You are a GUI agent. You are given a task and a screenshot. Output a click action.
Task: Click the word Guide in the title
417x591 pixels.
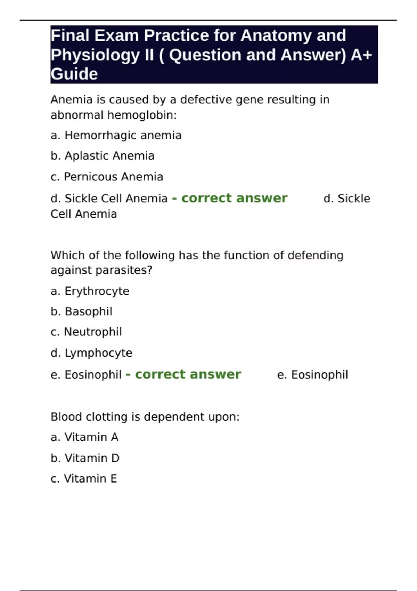click(74, 74)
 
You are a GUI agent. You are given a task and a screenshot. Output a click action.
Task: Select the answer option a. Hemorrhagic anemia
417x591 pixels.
click(116, 135)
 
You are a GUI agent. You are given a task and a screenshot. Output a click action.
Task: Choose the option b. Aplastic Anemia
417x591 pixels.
click(103, 156)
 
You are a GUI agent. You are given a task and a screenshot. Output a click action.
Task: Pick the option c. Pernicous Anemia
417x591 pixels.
click(107, 177)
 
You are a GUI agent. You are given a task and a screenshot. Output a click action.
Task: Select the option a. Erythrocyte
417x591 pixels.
click(90, 291)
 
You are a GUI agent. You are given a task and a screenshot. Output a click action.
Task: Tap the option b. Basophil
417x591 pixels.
click(81, 311)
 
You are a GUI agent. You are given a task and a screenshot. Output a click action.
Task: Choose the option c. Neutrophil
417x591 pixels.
click(86, 332)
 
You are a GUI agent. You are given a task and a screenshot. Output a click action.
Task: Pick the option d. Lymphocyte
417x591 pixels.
click(91, 353)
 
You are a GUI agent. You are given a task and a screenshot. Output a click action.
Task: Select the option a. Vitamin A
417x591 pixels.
click(84, 437)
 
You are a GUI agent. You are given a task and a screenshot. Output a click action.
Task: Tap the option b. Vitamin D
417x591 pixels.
click(85, 458)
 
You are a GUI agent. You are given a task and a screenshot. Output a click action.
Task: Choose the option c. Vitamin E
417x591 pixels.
click(84, 478)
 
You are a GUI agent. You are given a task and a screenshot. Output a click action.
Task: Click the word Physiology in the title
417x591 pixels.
click(95, 55)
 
